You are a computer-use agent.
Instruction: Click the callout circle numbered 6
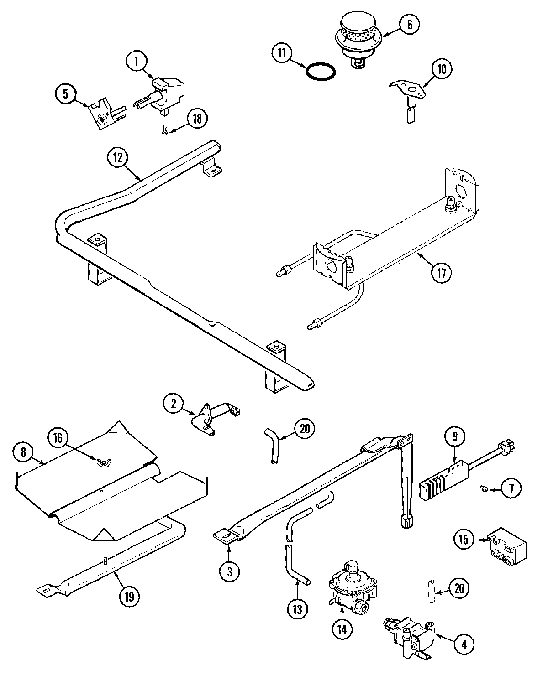pos(409,25)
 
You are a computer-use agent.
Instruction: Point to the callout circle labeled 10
pos(442,69)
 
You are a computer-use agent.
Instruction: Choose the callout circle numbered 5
pos(66,94)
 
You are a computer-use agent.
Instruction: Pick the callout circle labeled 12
pos(118,158)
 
